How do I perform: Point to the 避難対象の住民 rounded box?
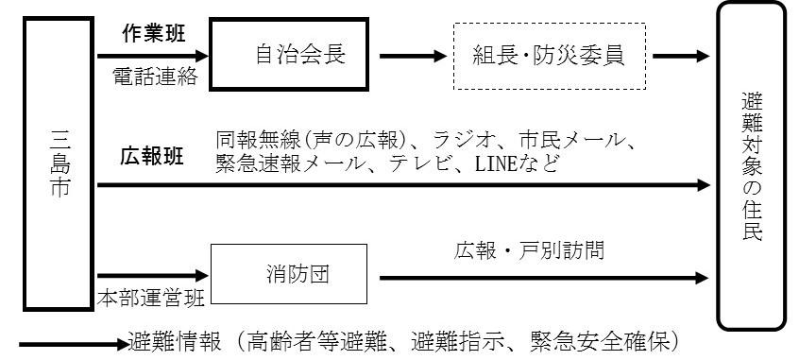(752, 163)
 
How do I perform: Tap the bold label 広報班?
(150, 156)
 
